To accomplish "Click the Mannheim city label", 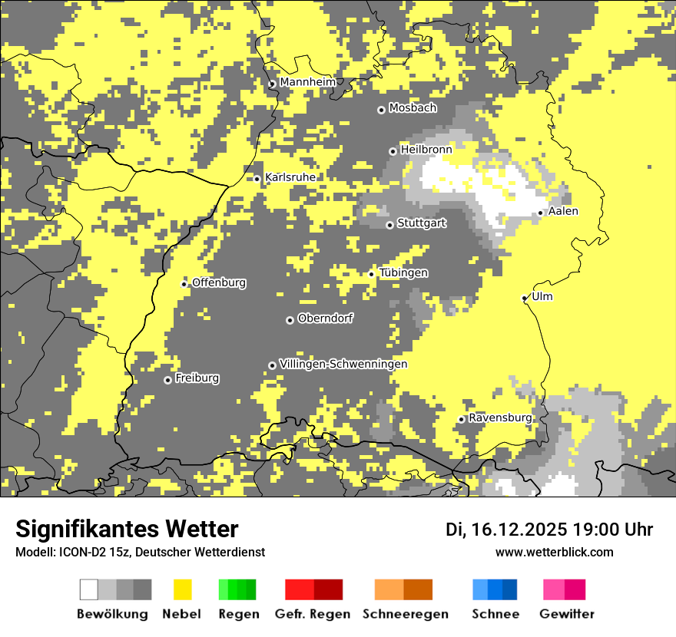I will coord(307,82).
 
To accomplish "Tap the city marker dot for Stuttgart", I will coord(389,225).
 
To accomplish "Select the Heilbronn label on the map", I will coord(426,150).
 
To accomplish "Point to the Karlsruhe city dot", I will coord(257,179).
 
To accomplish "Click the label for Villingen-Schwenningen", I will coord(343,364).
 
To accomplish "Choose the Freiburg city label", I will coord(197,378).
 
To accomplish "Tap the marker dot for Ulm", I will coord(525,298).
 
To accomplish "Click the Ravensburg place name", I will coord(500,418).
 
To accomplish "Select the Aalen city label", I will coord(563,211).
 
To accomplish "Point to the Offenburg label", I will coord(219,282).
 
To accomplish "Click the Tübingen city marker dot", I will coord(372,274).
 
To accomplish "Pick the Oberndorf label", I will coord(325,318).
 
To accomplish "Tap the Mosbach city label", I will coord(413,108).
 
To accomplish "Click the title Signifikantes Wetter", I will coord(127,529).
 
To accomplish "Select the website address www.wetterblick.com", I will coord(554,552).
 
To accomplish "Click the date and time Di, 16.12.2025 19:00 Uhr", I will coord(549,530).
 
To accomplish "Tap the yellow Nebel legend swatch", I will coord(183,589).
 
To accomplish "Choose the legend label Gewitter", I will coord(566,614).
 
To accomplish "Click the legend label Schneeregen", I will coord(405,614).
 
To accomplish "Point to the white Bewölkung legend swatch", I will coord(89,589).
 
